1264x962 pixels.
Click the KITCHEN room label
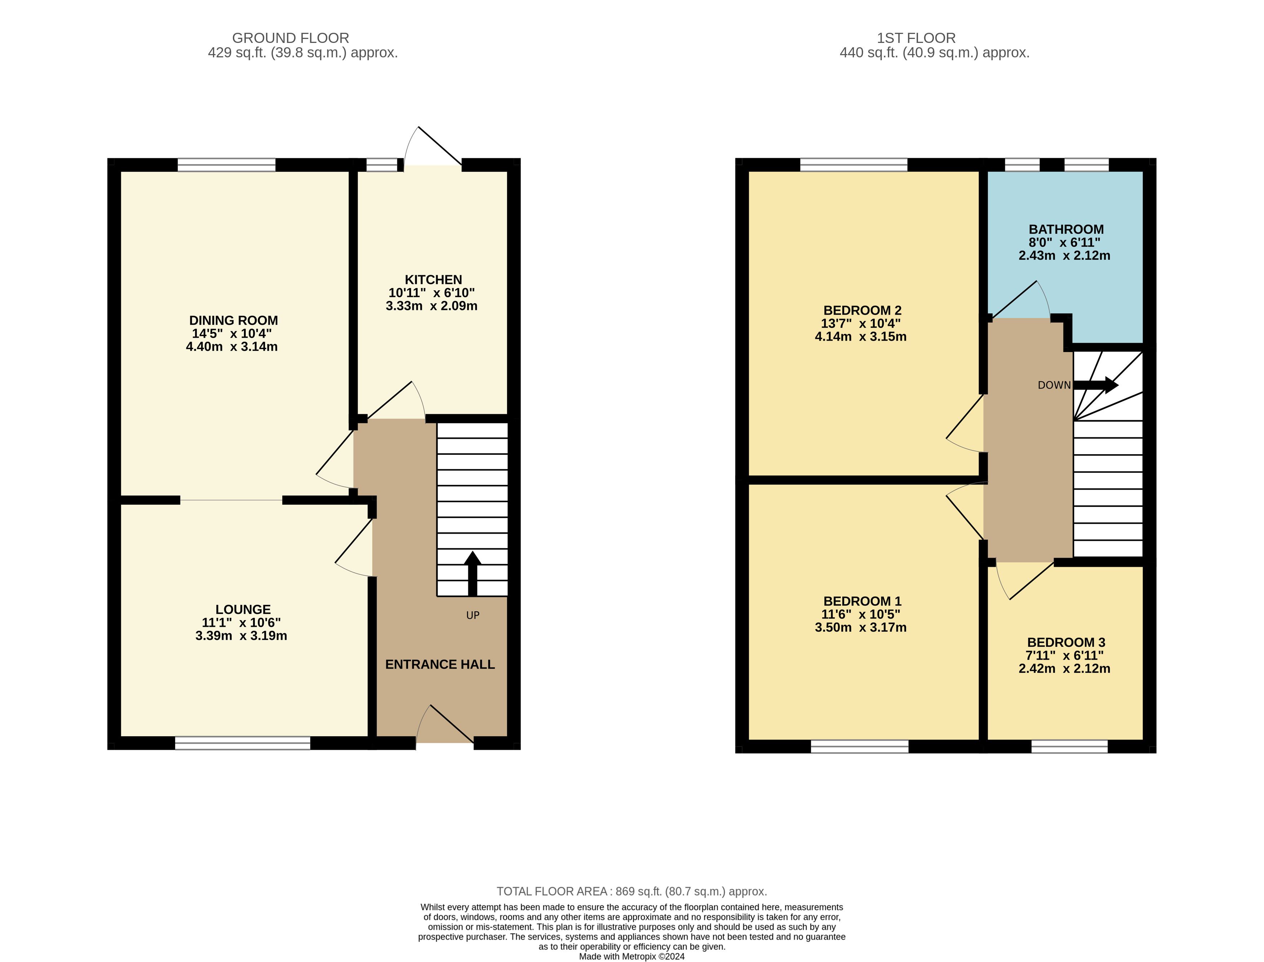(x=433, y=280)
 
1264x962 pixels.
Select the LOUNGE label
(x=243, y=609)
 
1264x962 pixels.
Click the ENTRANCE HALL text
(x=440, y=664)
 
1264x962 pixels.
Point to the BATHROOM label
(x=1066, y=229)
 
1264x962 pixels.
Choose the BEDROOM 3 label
(x=1066, y=642)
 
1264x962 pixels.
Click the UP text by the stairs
(x=473, y=615)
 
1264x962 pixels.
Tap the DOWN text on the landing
(x=1054, y=385)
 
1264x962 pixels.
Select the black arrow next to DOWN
(x=1096, y=385)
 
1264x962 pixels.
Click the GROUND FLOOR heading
(x=291, y=38)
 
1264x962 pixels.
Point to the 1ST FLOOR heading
(x=916, y=38)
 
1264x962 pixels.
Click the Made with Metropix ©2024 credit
(x=632, y=956)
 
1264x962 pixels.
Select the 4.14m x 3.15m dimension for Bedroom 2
(x=861, y=337)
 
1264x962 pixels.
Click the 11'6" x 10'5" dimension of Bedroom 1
(x=861, y=614)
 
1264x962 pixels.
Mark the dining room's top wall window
(x=227, y=165)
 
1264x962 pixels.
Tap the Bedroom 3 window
(x=1069, y=746)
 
